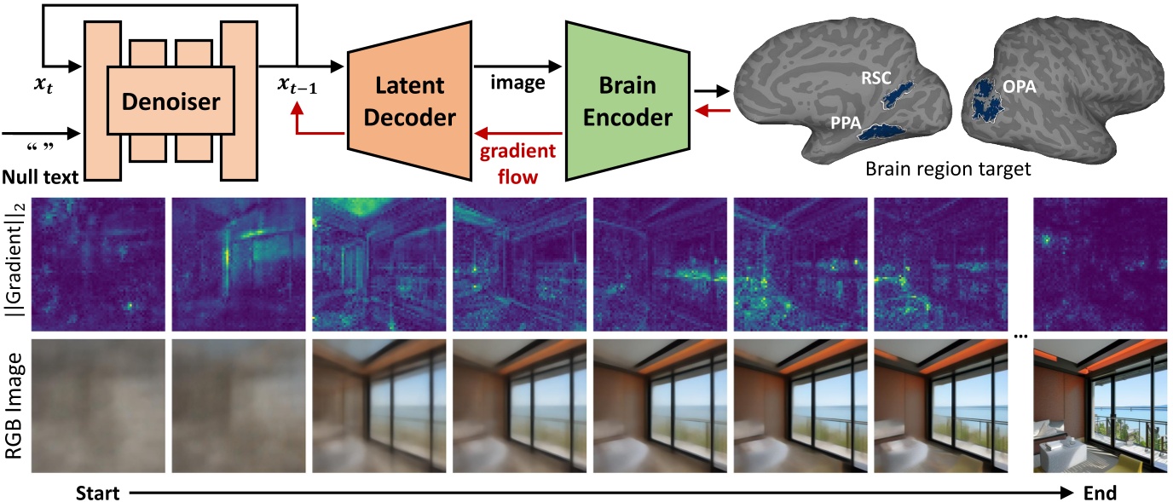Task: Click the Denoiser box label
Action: click(x=171, y=103)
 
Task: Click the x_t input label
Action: click(x=42, y=88)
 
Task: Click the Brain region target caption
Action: click(x=948, y=170)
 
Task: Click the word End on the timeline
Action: click(x=1099, y=493)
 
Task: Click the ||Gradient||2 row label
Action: click(x=15, y=263)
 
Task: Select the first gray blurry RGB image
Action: click(x=96, y=405)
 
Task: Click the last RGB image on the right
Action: click(x=1098, y=405)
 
